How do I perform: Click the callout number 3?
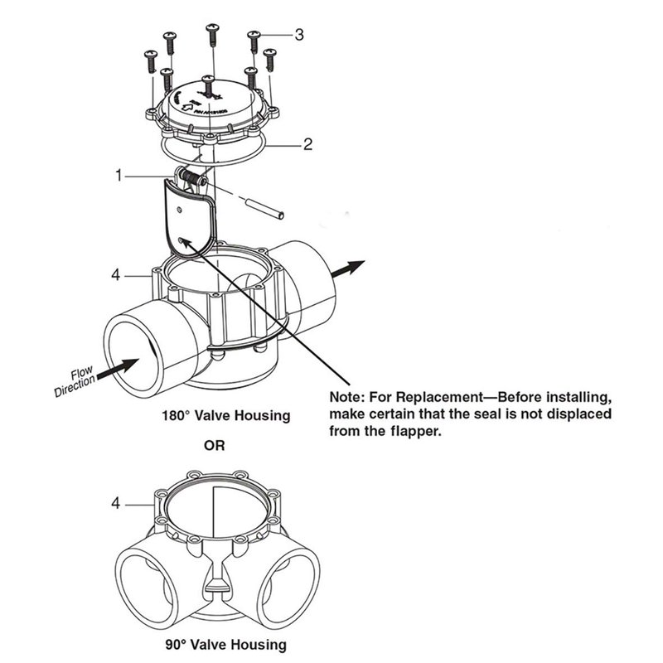point(299,34)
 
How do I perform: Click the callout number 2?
point(307,144)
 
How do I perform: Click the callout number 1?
point(120,176)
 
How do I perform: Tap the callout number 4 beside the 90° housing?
point(117,502)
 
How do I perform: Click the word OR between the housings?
point(214,445)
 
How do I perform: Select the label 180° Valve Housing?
point(225,414)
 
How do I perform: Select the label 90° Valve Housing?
point(225,644)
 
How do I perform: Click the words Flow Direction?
point(77,380)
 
